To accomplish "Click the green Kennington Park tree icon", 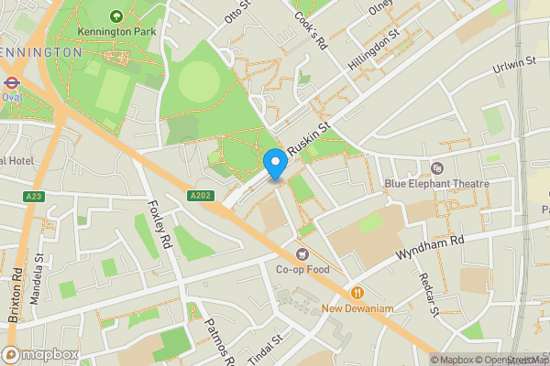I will pos(116,16).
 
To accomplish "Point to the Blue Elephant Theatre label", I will pos(436,183).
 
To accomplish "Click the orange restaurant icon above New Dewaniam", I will pos(357,293).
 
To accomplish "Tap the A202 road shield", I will pos(201,196).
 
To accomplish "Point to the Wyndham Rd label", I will pos(432,246).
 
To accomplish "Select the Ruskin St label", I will pos(309,139).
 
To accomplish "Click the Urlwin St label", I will pos(514,63).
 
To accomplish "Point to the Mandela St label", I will pos(39,273).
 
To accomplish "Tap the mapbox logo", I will pos(41,354).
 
